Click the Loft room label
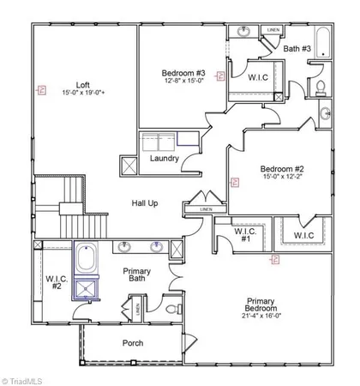coord(82,85)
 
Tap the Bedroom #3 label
coord(183,74)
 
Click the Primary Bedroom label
coord(261,305)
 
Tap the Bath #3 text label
coord(297,50)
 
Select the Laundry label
coord(164,159)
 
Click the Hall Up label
coord(145,203)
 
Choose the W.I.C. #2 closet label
coord(57,284)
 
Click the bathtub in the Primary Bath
coord(87,260)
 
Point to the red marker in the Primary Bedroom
coord(275,258)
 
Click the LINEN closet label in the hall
coord(206,209)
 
